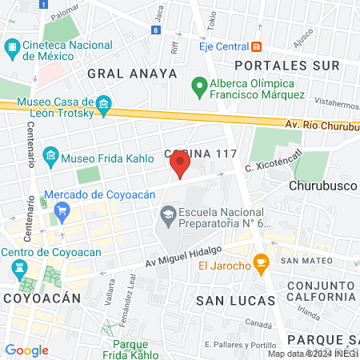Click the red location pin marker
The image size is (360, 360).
click(180, 165)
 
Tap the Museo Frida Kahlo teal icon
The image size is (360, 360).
click(51, 154)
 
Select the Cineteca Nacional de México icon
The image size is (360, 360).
click(13, 50)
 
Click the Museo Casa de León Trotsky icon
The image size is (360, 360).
click(102, 105)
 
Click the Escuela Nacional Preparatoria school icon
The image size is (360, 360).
click(169, 214)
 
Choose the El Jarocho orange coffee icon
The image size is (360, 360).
click(261, 262)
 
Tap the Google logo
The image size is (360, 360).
click(26, 350)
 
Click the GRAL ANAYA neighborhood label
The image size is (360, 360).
click(131, 74)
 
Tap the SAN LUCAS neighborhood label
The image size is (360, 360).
click(235, 300)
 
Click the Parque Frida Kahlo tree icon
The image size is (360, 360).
click(105, 328)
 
